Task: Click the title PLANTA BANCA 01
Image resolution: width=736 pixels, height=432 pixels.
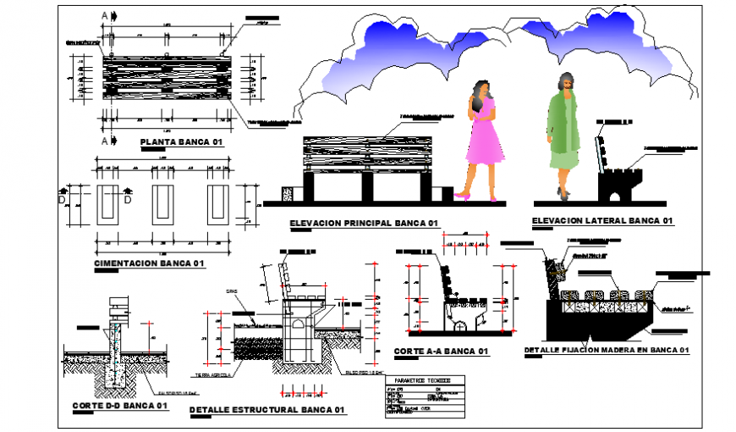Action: click(181, 142)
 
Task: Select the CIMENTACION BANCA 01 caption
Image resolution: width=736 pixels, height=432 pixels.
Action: click(150, 263)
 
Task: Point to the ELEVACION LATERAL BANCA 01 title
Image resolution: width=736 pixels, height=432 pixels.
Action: click(601, 220)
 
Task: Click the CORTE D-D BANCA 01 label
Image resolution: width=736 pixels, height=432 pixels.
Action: click(120, 405)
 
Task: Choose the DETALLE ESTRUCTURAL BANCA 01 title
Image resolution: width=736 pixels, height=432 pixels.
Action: click(267, 409)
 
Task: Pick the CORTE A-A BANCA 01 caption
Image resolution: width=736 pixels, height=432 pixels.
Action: click(442, 351)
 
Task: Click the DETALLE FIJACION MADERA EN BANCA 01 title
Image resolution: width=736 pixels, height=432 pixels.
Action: click(607, 350)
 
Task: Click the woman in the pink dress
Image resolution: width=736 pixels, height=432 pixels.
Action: click(481, 140)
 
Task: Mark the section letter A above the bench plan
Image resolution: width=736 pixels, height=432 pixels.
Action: click(104, 16)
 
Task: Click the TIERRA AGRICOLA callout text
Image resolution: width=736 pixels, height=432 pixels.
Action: click(212, 374)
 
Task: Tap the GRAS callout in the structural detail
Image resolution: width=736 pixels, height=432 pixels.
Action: click(230, 291)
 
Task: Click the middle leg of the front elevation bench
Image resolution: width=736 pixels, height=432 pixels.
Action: click(367, 188)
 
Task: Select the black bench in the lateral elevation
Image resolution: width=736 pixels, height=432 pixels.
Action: click(615, 182)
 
